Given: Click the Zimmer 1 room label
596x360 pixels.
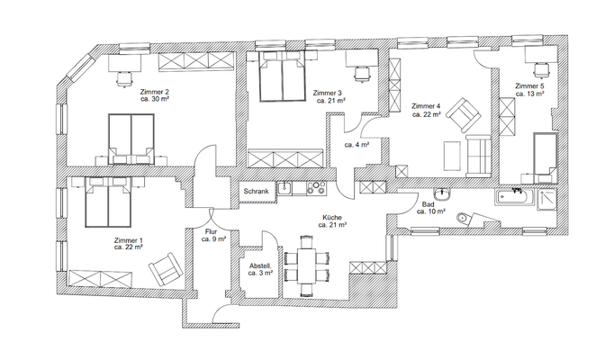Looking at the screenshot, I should coord(128,241).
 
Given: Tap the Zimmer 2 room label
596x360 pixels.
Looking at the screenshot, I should coord(155,93).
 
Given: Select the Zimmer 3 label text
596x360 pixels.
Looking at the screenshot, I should coord(328,94).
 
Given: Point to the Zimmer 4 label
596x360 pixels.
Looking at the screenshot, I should coord(426,106).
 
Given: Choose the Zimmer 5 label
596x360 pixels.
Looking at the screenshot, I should coord(530,86).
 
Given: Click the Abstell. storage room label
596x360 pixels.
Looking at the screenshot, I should coord(261,267).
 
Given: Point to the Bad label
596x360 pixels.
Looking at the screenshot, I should coord(429,204).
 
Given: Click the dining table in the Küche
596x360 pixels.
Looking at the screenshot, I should coord(306,266).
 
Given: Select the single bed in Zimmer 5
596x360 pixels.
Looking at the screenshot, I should coord(544,156).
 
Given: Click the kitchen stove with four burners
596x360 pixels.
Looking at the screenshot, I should coord(315,188).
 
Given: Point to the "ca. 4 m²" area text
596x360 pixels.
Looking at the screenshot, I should coord(357,143).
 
